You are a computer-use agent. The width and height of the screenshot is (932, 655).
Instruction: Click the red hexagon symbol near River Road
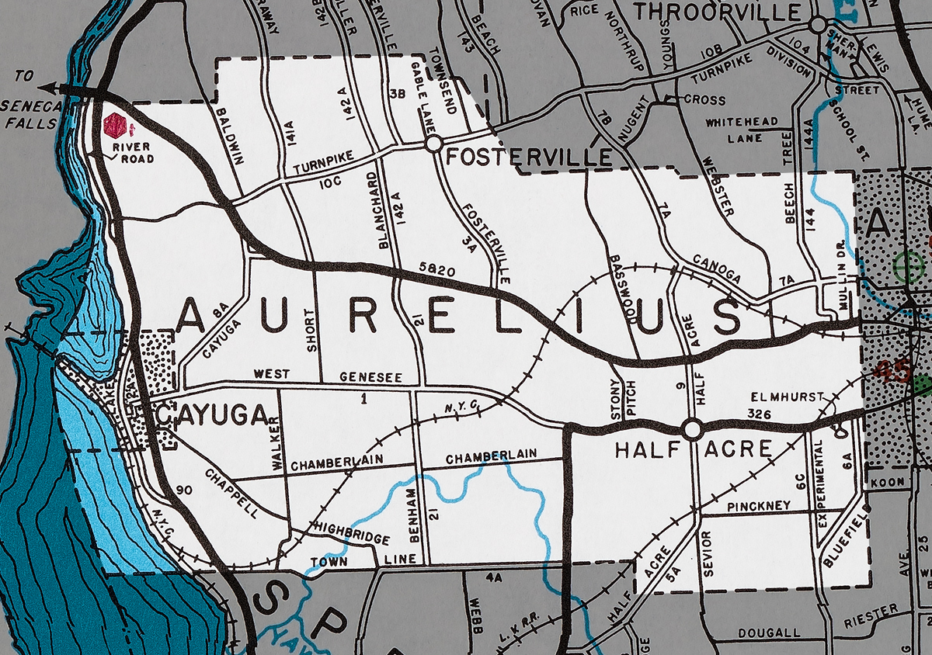[114, 125]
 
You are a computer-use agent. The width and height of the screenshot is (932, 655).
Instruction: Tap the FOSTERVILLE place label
[528, 158]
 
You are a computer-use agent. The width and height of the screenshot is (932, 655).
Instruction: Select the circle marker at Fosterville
[433, 144]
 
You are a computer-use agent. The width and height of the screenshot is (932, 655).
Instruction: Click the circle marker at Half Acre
[692, 428]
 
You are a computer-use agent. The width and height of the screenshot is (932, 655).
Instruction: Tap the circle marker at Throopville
[817, 26]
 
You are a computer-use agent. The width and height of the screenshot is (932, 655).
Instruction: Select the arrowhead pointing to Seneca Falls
[48, 88]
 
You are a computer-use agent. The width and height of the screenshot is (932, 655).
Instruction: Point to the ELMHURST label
[788, 396]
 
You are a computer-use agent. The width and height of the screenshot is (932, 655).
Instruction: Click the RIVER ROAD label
[133, 153]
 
